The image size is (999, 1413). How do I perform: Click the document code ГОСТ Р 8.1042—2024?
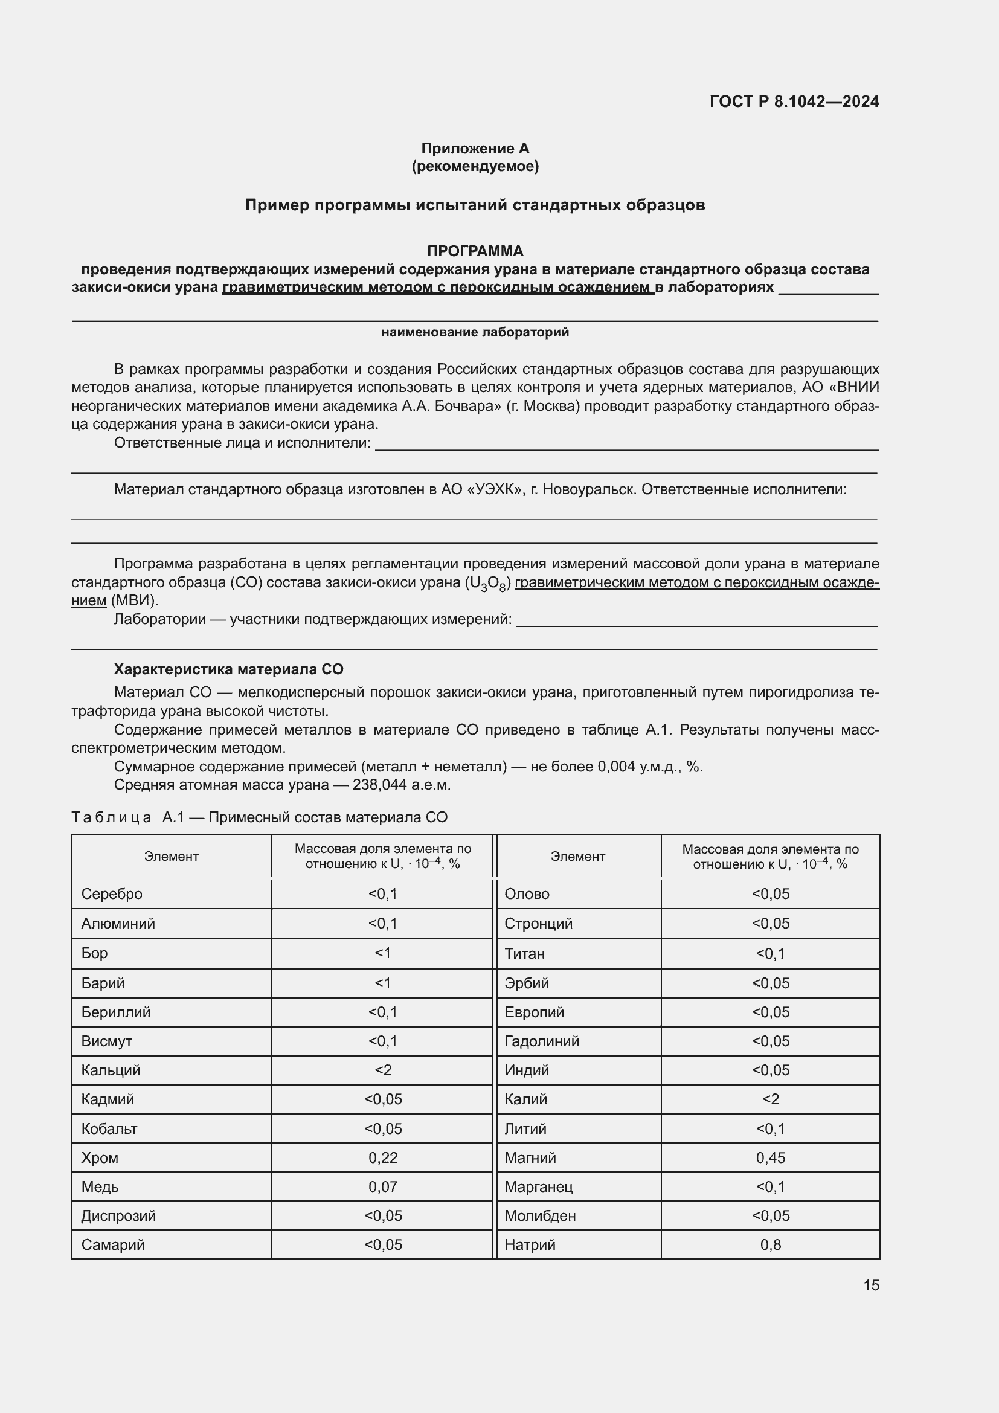pyautogui.click(x=794, y=101)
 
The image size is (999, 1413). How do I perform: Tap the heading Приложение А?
pyautogui.click(x=475, y=149)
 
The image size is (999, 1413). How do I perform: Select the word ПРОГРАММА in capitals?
pyautogui.click(x=475, y=251)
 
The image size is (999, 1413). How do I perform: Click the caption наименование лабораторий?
pyautogui.click(x=475, y=332)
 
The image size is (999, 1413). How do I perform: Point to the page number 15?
pyautogui.click(x=871, y=1285)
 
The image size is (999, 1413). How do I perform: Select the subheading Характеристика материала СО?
pyautogui.click(x=228, y=669)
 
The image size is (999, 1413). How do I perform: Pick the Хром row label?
pyautogui.click(x=100, y=1157)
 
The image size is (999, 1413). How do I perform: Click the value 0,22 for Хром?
pyautogui.click(x=382, y=1157)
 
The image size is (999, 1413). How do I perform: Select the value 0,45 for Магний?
pyautogui.click(x=770, y=1157)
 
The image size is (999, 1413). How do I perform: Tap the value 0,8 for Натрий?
pyautogui.click(x=770, y=1244)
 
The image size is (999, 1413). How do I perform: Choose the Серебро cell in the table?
pyautogui.click(x=111, y=893)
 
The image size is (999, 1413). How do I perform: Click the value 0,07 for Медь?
pyautogui.click(x=382, y=1186)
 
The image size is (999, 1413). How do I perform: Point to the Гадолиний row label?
pyautogui.click(x=541, y=1041)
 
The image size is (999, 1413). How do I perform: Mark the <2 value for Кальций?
pyautogui.click(x=382, y=1070)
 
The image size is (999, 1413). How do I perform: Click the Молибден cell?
pyautogui.click(x=539, y=1215)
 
